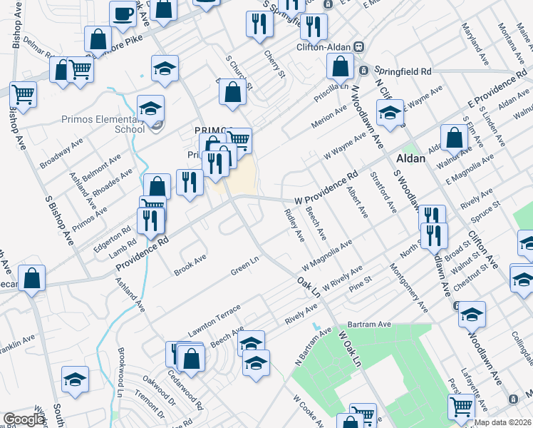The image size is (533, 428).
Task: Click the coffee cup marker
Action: click(123, 14)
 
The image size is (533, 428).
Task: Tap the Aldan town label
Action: click(426, 160)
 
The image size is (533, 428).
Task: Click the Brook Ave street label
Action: click(190, 265)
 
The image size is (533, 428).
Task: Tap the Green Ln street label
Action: click(244, 270)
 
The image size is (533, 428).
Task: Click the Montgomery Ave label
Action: click(408, 287)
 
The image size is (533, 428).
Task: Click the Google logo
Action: click(23, 419)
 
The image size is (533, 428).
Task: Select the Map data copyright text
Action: click(503, 422)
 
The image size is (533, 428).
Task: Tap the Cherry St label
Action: click(274, 63)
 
